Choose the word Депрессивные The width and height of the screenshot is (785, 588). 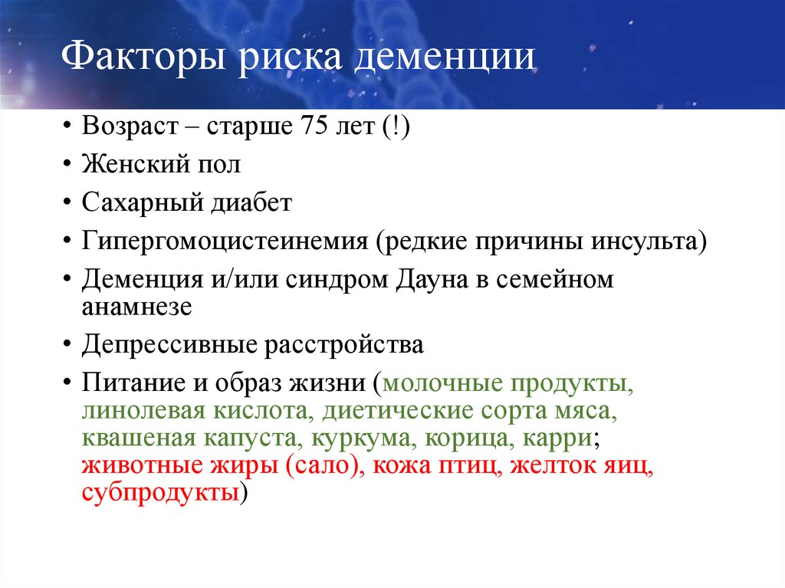pos(169,345)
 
